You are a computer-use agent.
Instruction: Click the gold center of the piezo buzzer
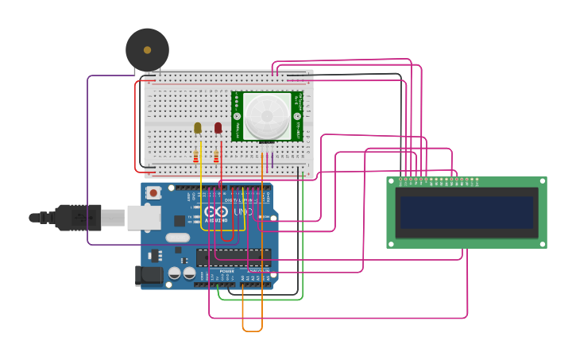[147, 50]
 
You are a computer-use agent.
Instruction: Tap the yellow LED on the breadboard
[198, 127]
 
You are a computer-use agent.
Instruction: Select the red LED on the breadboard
[218, 127]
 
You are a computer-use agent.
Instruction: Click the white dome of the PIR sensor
[267, 115]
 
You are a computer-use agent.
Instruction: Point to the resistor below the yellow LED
[196, 156]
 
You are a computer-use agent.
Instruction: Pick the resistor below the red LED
[216, 156]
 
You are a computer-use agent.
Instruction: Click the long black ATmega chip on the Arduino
[234, 255]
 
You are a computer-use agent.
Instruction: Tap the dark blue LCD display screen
[466, 212]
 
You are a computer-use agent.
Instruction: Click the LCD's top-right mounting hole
[541, 183]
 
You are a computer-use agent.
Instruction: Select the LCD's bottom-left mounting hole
[392, 242]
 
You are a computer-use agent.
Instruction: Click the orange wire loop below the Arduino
[252, 329]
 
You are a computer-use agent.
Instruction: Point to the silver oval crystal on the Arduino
[177, 238]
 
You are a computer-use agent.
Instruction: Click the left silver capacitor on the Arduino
[175, 273]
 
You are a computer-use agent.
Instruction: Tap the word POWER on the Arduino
[226, 271]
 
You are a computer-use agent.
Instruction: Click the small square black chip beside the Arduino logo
[180, 221]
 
